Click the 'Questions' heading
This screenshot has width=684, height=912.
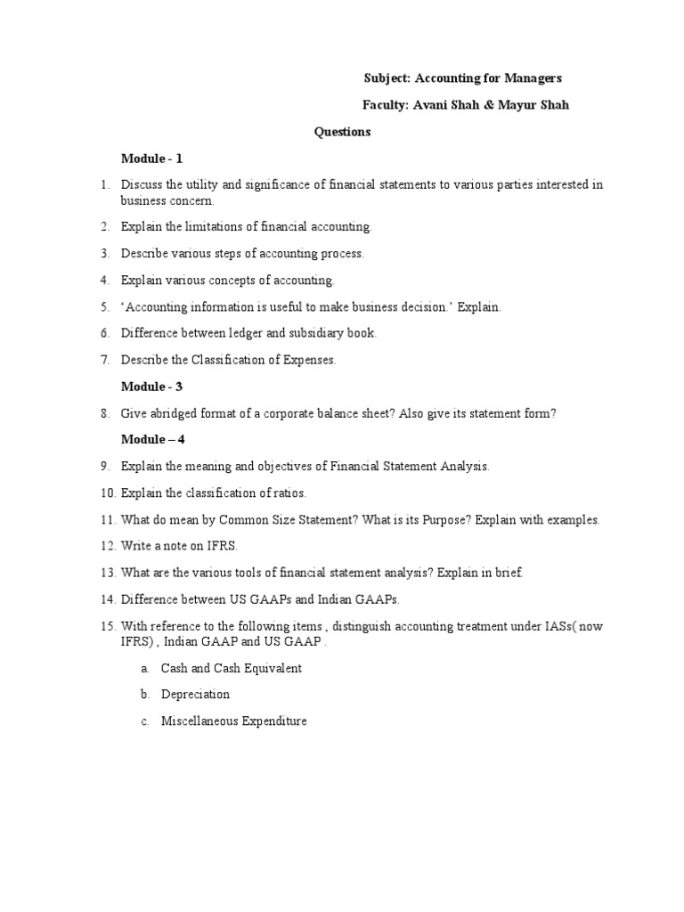342,132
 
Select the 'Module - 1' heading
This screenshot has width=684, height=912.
151,159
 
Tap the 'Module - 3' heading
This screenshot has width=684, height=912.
151,387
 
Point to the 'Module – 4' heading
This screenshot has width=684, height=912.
153,439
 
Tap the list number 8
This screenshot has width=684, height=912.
104,413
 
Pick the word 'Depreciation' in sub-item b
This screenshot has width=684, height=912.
195,694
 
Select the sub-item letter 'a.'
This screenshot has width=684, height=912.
144,668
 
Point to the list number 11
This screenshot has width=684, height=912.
107,519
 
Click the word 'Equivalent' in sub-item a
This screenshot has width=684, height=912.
273,668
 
